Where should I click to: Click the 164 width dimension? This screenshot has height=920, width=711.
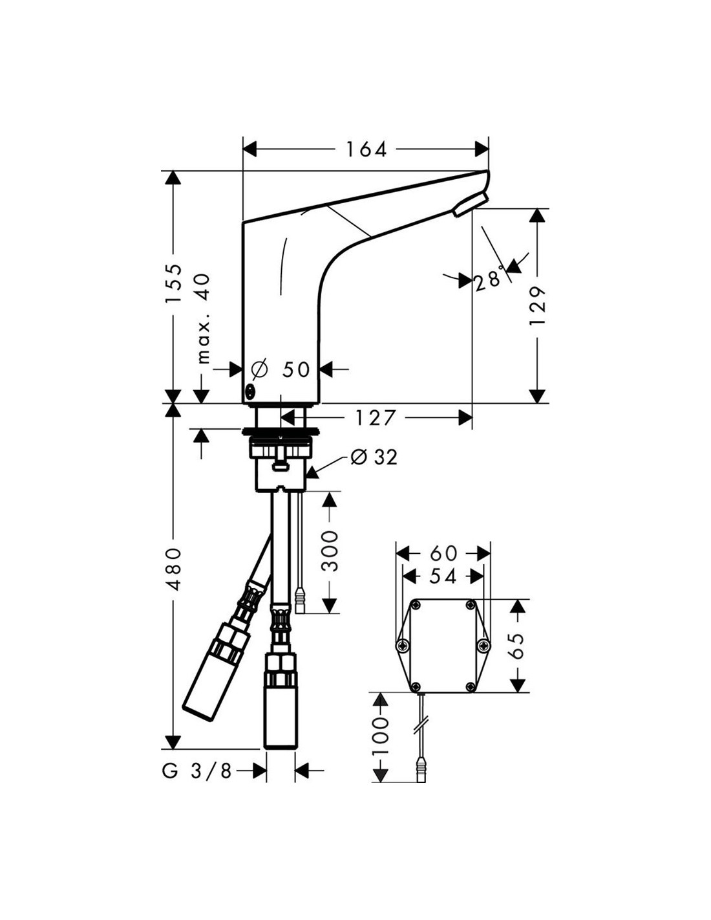pos(366,149)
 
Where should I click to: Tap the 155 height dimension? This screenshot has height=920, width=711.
pos(173,283)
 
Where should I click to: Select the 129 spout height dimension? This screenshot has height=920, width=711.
pos(537,305)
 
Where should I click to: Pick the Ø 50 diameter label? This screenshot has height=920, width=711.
pos(281,369)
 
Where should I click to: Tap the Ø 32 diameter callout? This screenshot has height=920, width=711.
pos(375,457)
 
